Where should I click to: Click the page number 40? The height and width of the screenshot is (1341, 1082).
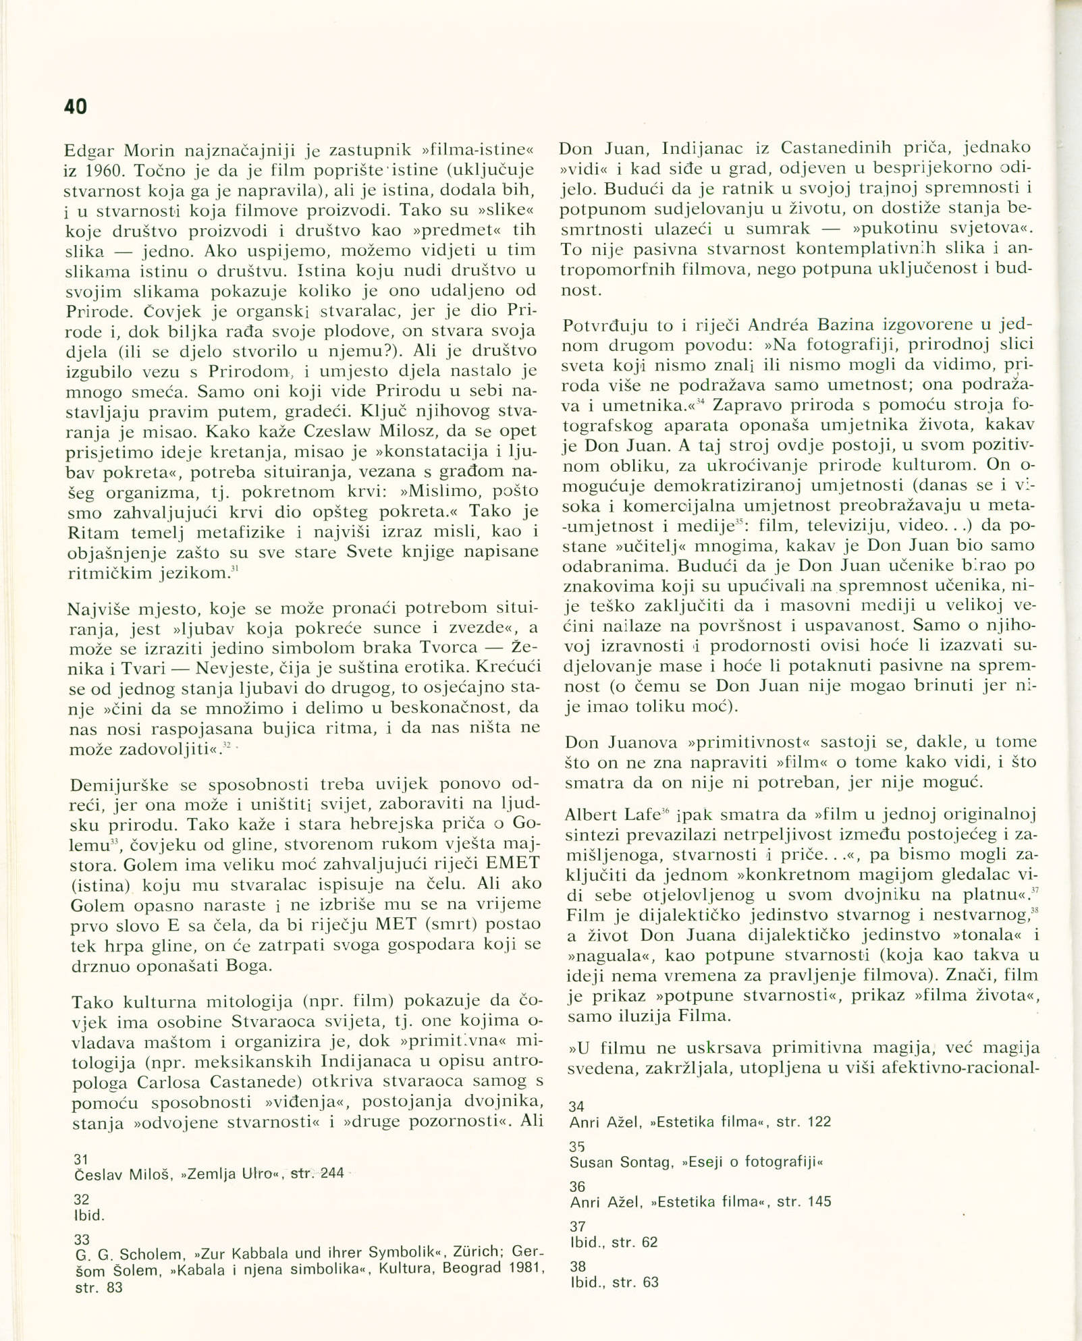tap(76, 107)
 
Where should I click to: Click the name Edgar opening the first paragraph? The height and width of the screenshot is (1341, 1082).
tap(90, 150)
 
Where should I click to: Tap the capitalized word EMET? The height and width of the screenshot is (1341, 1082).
tap(512, 863)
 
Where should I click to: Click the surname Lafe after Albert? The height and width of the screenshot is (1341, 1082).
tap(636, 815)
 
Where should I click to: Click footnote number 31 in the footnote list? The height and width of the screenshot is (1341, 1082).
tap(81, 1159)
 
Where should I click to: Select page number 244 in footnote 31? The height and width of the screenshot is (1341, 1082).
tap(332, 1174)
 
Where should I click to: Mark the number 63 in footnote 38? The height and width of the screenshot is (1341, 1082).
tap(651, 1282)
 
